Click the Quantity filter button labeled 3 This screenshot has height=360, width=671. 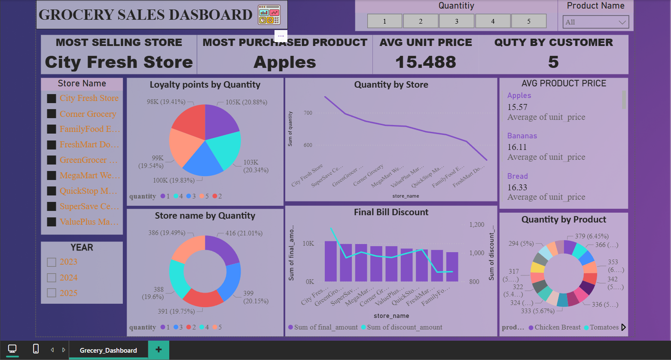456,21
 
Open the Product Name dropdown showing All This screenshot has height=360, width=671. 595,22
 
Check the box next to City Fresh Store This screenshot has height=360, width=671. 52,98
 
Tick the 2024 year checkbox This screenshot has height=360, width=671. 52,278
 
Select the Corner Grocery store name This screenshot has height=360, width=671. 88,114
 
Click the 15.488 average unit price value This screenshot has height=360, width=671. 425,62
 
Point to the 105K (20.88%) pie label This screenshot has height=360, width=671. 246,102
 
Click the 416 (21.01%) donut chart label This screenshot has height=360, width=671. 244,233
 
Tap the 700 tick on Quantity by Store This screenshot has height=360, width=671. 308,113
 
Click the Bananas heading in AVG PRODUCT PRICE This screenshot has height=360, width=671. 522,136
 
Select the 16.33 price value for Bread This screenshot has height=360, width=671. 517,187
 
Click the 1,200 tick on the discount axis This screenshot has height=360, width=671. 476,225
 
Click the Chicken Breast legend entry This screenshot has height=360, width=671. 557,327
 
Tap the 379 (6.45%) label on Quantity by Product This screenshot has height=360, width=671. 592,236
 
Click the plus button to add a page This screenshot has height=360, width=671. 159,350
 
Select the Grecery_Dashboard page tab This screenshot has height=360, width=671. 108,350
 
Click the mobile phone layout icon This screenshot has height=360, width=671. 36,349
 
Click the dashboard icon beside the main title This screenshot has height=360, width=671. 269,15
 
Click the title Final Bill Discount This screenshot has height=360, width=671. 391,212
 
